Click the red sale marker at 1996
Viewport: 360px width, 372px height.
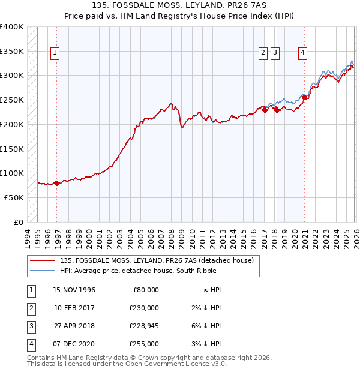[57, 184]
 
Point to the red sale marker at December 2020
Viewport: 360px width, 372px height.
[305, 98]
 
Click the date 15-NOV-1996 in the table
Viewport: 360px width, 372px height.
[74, 290]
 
